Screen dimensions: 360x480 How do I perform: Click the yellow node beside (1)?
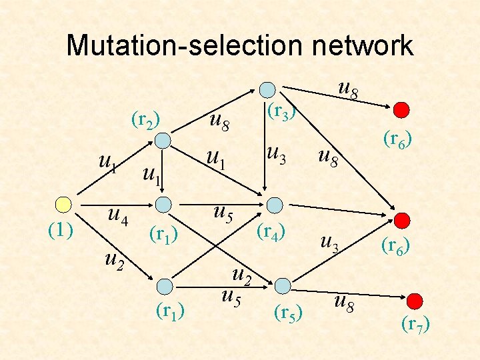tap(63, 204)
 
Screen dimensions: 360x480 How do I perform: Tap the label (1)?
tap(61, 230)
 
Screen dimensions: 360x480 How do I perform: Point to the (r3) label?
tap(281, 111)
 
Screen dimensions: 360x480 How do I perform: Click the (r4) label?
tap(271, 232)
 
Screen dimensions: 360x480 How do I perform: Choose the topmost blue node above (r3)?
tap(267, 89)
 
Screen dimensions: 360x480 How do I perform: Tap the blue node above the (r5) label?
tap(283, 285)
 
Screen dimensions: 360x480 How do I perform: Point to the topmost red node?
tap(401, 109)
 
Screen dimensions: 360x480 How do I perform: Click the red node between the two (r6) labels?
tap(402, 220)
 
